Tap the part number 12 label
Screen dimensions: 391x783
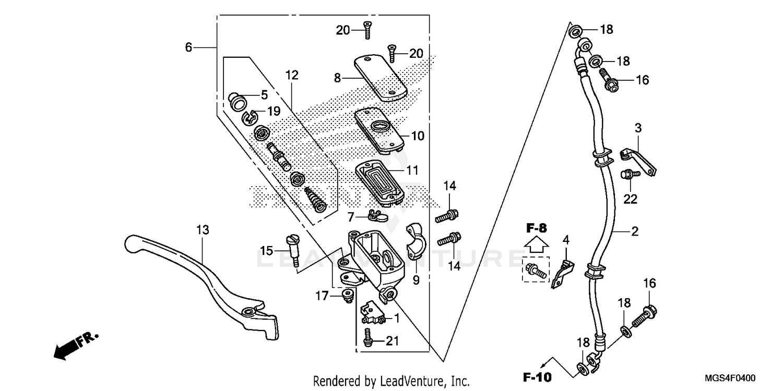[x=292, y=75]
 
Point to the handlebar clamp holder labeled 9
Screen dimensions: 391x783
[x=418, y=242]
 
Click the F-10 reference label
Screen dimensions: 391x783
[x=538, y=376]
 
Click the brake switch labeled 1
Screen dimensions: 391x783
[x=374, y=312]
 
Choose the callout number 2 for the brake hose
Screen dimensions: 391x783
[x=634, y=232]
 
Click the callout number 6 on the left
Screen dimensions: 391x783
[x=188, y=47]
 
